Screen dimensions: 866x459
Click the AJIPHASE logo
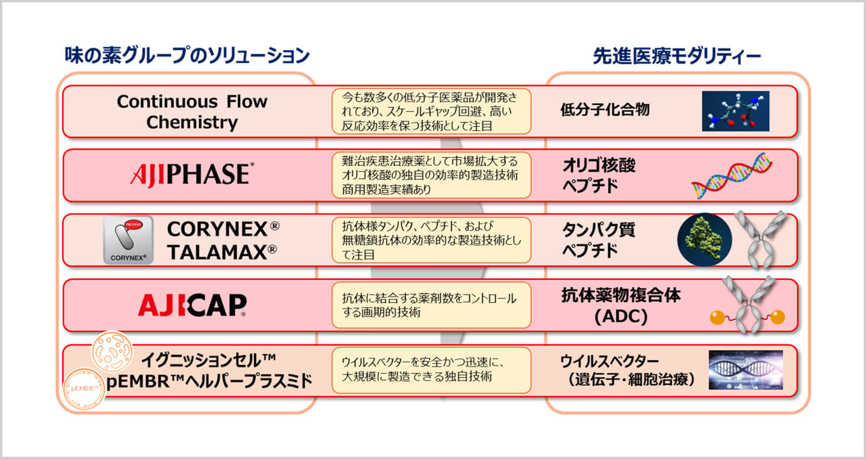point(192,175)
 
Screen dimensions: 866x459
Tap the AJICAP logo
point(192,305)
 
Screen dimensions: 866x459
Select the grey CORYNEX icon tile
point(128,239)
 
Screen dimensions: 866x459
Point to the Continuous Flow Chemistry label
point(192,112)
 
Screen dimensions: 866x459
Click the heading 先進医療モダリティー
point(677,57)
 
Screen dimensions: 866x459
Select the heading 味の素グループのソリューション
point(187,55)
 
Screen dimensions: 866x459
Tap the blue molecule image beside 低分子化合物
point(736,111)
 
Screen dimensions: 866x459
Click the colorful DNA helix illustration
point(732,176)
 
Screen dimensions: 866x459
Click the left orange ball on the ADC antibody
point(717,317)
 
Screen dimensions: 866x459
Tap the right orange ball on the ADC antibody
point(778,317)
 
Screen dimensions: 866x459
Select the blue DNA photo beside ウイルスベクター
point(746,370)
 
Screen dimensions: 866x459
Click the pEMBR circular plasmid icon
point(84,388)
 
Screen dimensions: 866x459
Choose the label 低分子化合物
point(605,110)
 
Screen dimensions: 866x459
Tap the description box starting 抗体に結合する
point(431,305)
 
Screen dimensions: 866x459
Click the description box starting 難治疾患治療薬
point(431,175)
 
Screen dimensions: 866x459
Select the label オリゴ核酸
point(599,165)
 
